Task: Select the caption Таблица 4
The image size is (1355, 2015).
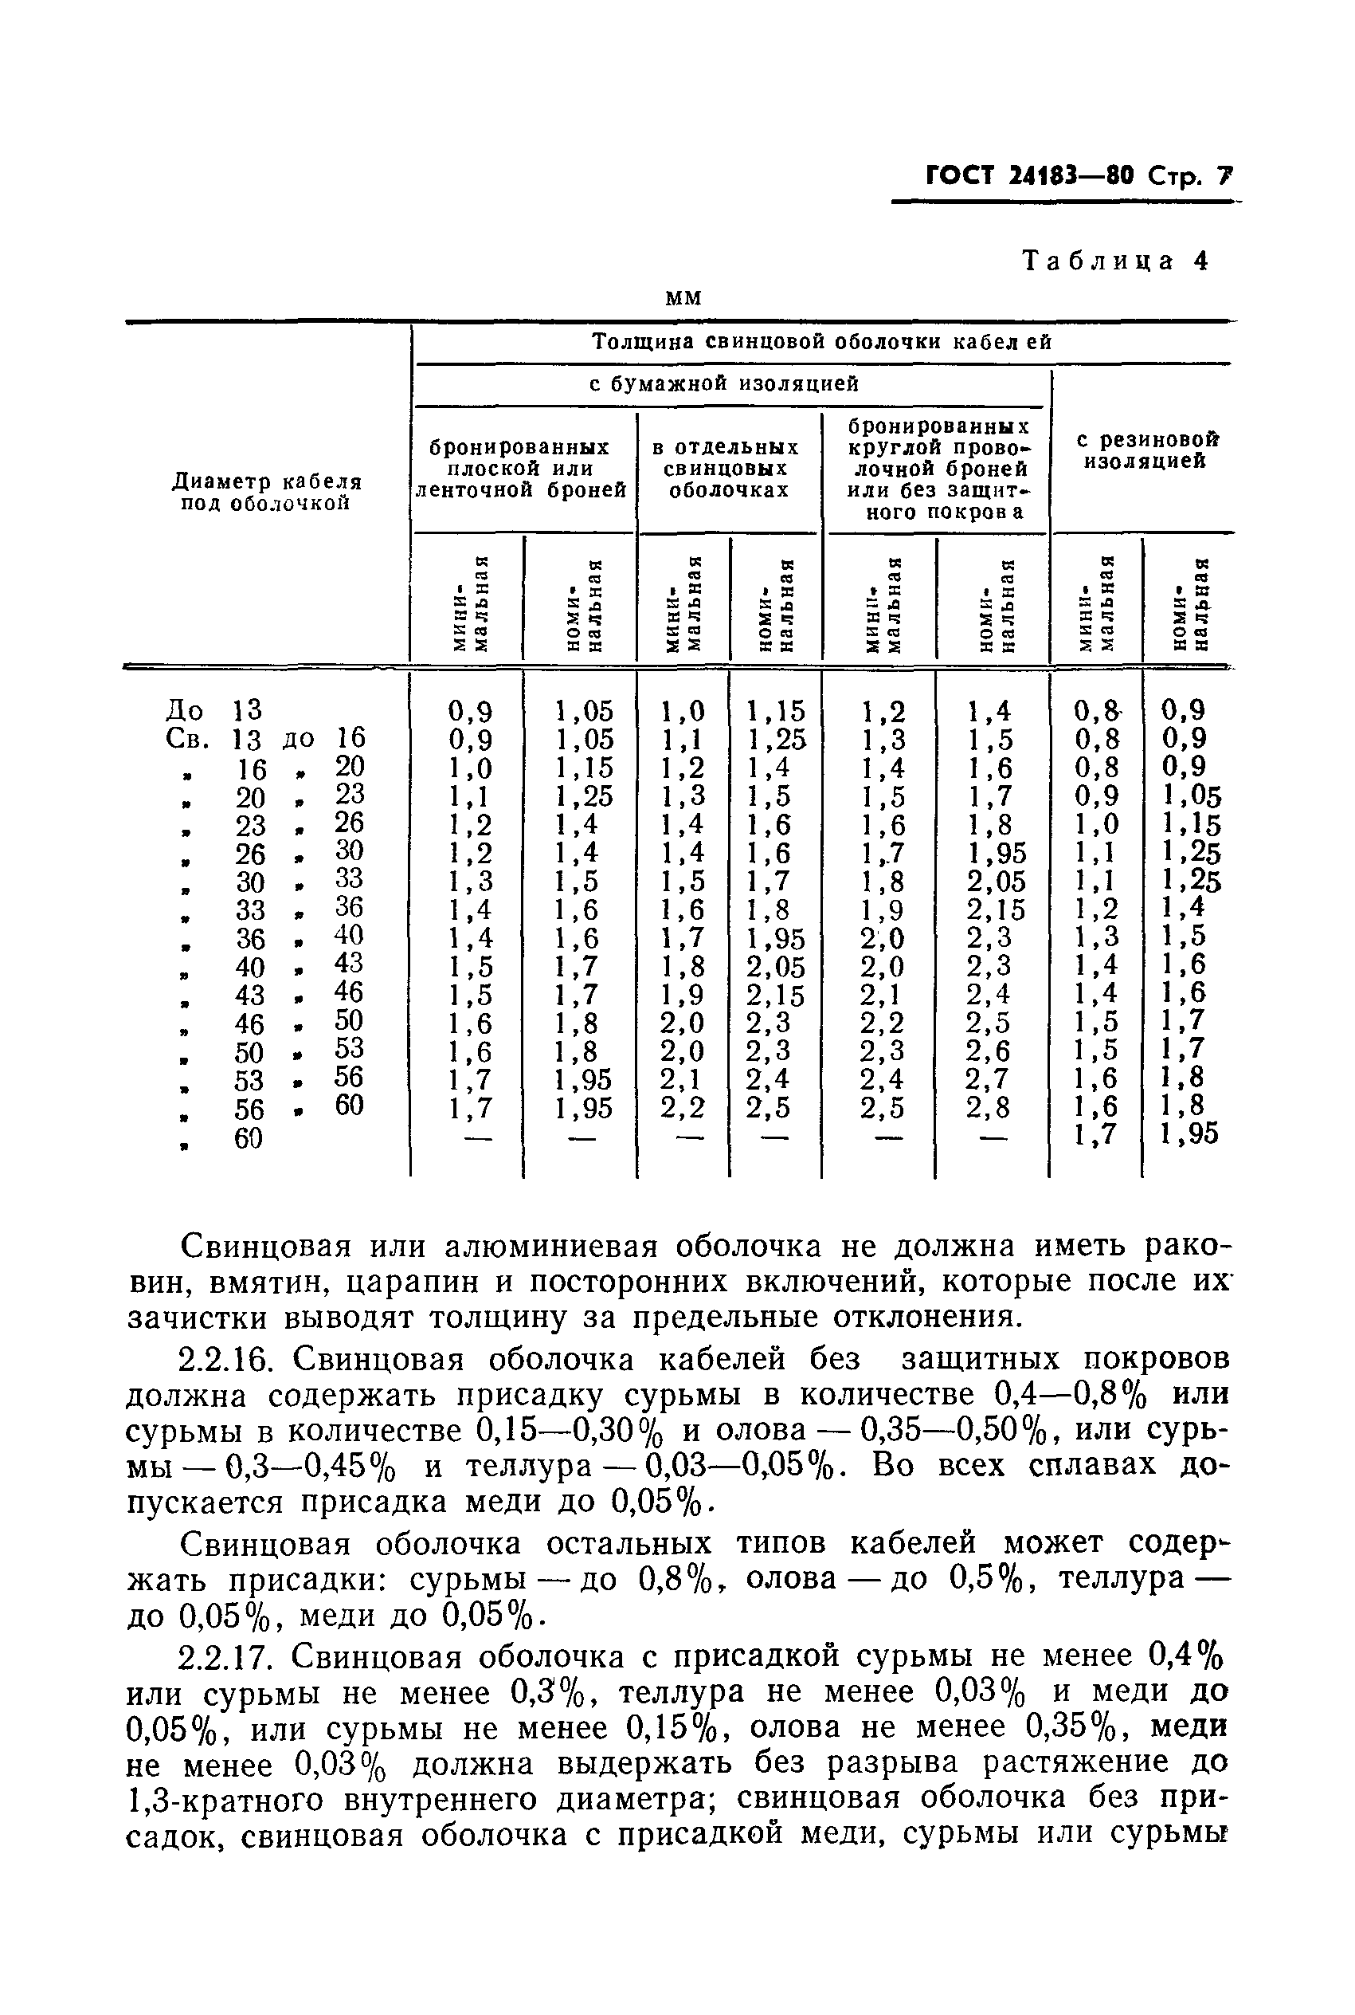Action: point(1114,261)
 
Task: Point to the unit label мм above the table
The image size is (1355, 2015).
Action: point(683,297)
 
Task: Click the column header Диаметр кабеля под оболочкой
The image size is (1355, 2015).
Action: point(267,492)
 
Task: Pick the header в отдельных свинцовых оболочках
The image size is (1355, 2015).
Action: point(726,469)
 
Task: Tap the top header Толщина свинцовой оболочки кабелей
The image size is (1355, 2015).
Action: point(822,341)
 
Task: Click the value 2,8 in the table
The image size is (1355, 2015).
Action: point(988,1108)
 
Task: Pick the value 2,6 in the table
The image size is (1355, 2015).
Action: point(988,1051)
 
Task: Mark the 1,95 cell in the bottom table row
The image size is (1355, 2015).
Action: point(1190,1134)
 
